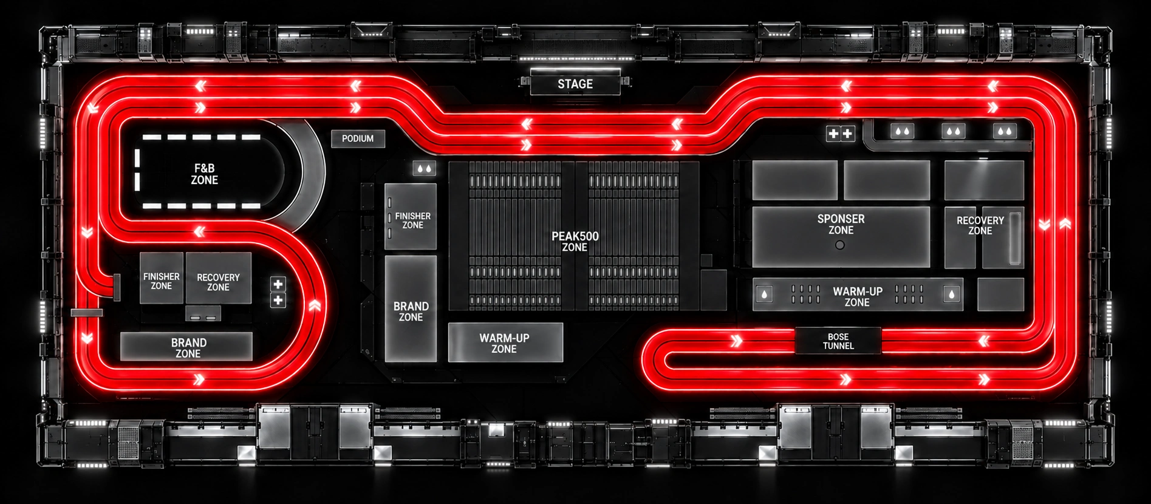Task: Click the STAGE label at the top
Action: (x=575, y=84)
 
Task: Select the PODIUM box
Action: (x=358, y=138)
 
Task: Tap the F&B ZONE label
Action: (x=205, y=174)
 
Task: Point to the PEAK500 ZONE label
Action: (x=575, y=241)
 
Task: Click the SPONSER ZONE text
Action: (x=841, y=224)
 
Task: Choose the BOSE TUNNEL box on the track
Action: (x=838, y=341)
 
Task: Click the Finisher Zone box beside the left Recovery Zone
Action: (x=162, y=278)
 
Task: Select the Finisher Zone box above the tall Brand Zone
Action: (x=411, y=217)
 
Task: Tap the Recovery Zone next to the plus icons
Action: (x=219, y=278)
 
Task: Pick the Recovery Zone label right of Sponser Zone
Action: (x=980, y=225)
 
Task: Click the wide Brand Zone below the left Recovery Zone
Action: (x=186, y=347)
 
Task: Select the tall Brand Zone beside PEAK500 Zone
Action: (x=411, y=309)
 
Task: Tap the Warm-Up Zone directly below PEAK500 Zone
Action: (x=505, y=342)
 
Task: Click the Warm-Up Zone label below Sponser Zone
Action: (x=858, y=296)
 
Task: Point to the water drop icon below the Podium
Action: (x=424, y=169)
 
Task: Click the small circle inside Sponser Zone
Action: (x=840, y=245)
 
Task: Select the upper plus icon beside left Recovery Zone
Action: (x=278, y=284)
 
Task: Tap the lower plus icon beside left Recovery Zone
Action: (x=278, y=300)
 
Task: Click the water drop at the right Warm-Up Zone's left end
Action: (x=764, y=294)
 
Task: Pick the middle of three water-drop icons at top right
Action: (x=953, y=131)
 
